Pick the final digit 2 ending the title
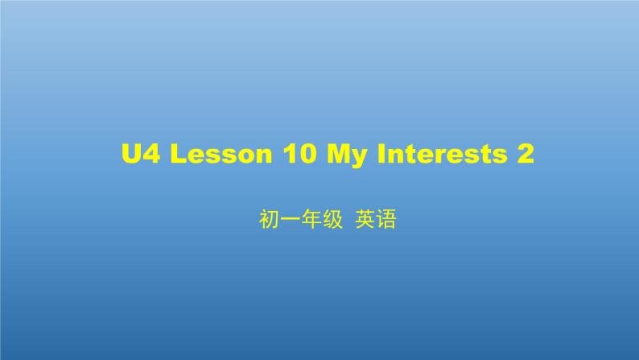click(x=526, y=154)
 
